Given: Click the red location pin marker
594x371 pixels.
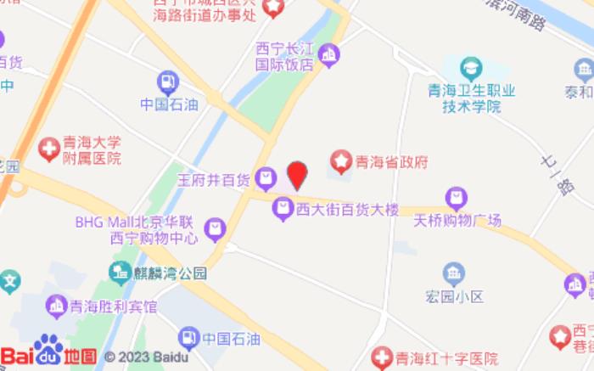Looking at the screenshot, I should pyautogui.click(x=296, y=175).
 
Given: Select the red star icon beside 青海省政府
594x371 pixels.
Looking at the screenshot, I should pyautogui.click(x=341, y=160).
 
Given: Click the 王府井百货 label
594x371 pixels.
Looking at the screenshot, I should pyautogui.click(x=213, y=179).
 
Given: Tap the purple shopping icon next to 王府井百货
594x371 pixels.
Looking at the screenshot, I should pyautogui.click(x=266, y=178).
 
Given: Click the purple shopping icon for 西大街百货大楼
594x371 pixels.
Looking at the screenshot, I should pyautogui.click(x=282, y=207).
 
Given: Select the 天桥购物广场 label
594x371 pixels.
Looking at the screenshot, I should pyautogui.click(x=457, y=221).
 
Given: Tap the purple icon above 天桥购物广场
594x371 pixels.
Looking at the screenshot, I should pyautogui.click(x=457, y=199).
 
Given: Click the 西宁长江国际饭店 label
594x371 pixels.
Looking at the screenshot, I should pyautogui.click(x=285, y=56).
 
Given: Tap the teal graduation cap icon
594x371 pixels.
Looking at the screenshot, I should pyautogui.click(x=471, y=68).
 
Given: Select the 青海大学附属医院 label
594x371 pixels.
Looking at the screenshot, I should pyautogui.click(x=92, y=150).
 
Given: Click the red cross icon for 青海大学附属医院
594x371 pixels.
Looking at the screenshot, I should pyautogui.click(x=49, y=150).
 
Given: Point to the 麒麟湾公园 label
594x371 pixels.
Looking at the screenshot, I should pyautogui.click(x=170, y=273).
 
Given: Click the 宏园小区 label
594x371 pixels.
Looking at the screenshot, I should pyautogui.click(x=454, y=296).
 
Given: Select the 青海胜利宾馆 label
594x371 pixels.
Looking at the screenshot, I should pyautogui.click(x=113, y=306).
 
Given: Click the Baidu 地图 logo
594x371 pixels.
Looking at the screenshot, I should pyautogui.click(x=48, y=355).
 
